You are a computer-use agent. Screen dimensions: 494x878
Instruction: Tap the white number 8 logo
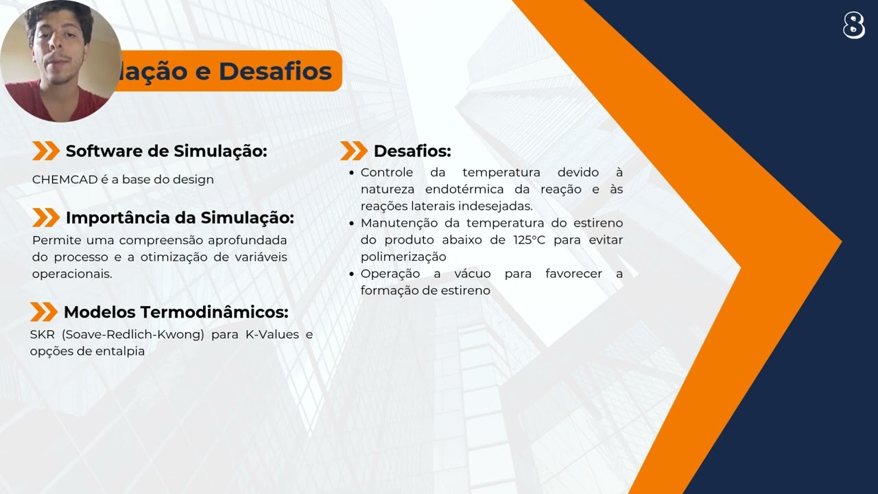(854, 25)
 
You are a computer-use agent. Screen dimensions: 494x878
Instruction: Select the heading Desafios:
(412, 151)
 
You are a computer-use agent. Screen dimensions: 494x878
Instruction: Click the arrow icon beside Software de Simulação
(46, 151)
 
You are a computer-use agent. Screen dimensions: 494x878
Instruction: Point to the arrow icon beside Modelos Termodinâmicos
(44, 312)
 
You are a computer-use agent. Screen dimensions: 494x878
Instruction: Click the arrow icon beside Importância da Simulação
(46, 217)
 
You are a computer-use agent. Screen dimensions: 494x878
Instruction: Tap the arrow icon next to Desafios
(354, 151)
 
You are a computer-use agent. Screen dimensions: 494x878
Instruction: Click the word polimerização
(403, 257)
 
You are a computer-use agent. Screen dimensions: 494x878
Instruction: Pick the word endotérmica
(464, 189)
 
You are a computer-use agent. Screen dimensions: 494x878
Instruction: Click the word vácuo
(472, 274)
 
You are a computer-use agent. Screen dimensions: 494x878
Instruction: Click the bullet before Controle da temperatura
(352, 173)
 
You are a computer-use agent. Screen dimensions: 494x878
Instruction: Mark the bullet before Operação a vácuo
(352, 274)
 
